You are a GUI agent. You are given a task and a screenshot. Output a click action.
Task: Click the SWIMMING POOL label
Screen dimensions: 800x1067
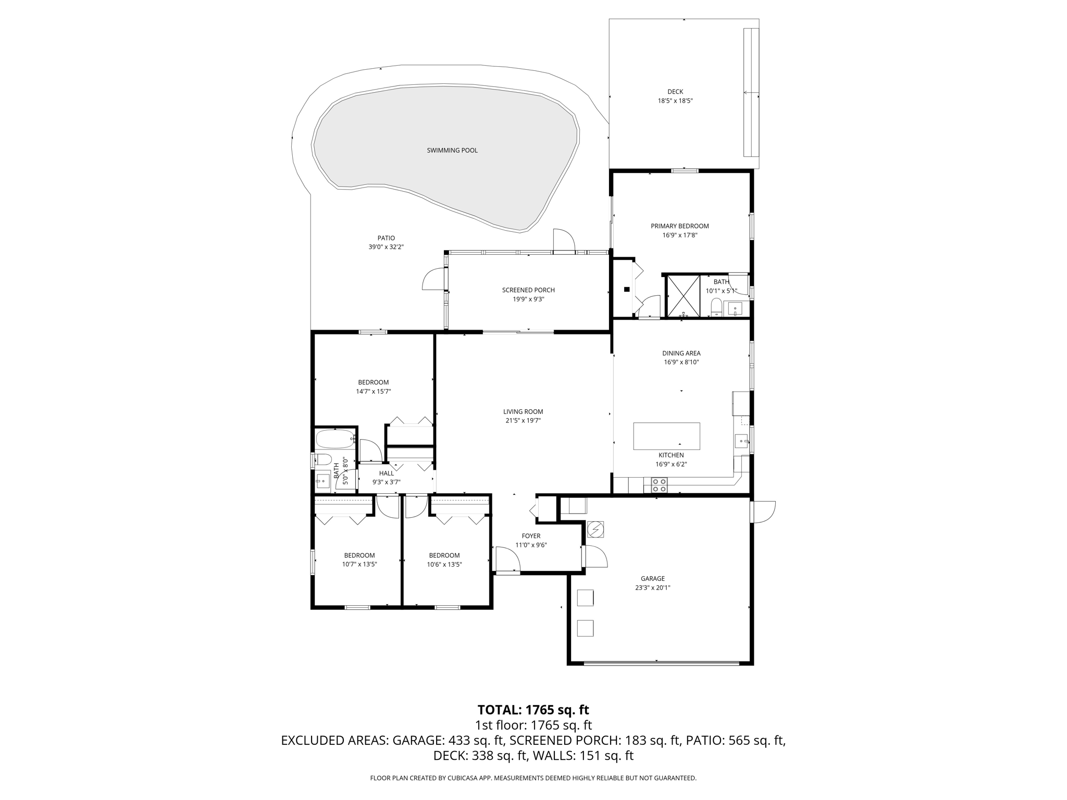[452, 151]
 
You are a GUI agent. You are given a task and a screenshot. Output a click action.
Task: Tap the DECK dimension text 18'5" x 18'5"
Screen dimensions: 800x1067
[675, 101]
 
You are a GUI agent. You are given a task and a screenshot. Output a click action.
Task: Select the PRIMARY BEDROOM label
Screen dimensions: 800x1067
[679, 226]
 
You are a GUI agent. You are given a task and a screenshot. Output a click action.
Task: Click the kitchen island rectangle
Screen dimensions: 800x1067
[666, 436]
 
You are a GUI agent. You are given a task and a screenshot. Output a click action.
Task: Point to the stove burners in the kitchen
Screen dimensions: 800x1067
[659, 485]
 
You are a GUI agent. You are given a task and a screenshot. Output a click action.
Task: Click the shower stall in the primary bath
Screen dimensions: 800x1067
[683, 296]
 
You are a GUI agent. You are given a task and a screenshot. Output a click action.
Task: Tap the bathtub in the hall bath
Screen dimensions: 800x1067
[335, 439]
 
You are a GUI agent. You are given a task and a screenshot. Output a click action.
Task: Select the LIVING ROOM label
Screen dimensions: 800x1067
[523, 411]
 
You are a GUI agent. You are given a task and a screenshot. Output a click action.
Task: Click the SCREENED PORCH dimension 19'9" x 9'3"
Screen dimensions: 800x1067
[528, 299]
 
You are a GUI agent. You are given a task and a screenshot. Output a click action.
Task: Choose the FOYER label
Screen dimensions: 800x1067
[531, 536]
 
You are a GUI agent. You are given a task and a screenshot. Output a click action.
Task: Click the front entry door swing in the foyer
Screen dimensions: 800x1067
[507, 559]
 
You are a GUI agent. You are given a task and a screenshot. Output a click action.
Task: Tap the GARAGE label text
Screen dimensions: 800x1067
[652, 579]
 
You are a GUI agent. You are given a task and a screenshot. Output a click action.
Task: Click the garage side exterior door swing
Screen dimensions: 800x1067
[763, 511]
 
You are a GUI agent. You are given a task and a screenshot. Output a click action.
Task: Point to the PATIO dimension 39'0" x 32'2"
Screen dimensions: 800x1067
[386, 247]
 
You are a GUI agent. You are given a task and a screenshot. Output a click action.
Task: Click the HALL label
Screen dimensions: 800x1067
[386, 473]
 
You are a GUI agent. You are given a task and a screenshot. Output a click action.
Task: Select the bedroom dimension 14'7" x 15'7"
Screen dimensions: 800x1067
[373, 392]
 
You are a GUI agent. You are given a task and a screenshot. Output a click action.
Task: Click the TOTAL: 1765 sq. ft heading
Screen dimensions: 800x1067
[533, 710]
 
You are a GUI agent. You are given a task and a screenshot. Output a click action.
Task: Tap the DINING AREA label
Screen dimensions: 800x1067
[681, 353]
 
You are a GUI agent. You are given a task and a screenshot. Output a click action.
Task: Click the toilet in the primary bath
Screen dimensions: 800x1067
[716, 307]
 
